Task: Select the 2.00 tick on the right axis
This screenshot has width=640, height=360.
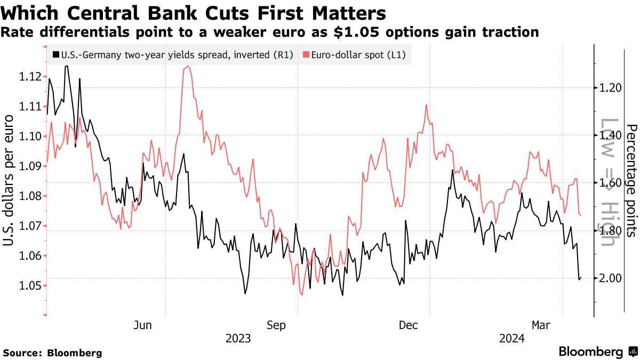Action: click(x=610, y=278)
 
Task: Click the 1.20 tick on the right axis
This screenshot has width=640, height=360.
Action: click(x=610, y=88)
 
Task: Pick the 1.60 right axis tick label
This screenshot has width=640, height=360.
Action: click(x=610, y=183)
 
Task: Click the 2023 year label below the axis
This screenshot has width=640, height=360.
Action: click(x=238, y=338)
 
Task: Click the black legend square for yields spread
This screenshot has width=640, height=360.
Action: click(x=56, y=54)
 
